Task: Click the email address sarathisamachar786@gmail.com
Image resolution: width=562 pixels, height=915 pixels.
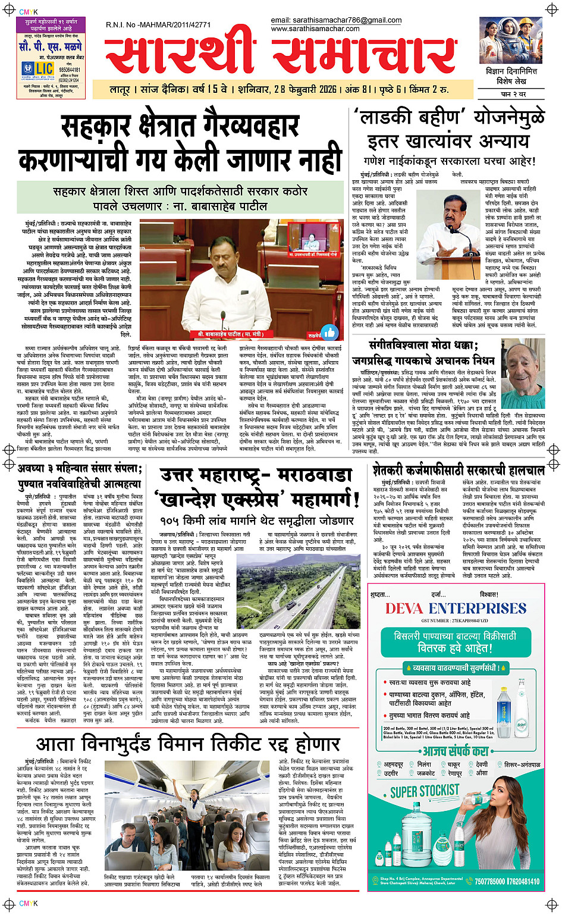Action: (336, 20)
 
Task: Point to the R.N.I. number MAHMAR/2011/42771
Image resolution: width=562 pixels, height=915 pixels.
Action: (158, 24)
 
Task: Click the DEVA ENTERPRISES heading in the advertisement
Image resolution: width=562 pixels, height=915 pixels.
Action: (456, 608)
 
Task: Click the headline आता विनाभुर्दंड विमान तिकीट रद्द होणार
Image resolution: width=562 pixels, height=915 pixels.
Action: (187, 744)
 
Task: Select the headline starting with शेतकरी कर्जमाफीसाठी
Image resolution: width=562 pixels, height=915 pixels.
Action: (458, 470)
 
